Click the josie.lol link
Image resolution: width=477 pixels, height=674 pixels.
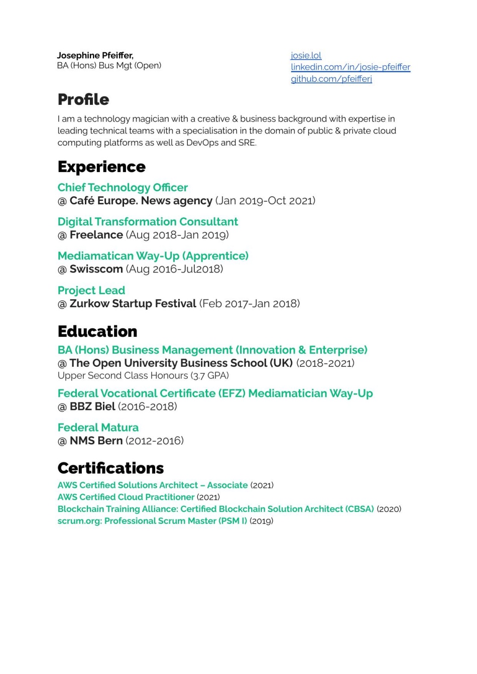coord(306,56)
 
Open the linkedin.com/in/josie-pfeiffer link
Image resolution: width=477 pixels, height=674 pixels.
coord(350,67)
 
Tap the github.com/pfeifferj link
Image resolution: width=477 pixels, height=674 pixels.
coord(331,79)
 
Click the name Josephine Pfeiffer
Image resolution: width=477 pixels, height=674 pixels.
coord(95,55)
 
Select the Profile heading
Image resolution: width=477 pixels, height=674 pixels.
coord(83,99)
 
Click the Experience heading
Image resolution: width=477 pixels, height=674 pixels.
coord(101,167)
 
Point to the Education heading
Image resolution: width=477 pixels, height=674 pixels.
coord(97,331)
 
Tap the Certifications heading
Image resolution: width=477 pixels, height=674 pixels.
coord(110,468)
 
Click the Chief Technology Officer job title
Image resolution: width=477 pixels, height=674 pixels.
coord(123,188)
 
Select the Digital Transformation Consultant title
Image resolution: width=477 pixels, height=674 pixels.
coord(148,222)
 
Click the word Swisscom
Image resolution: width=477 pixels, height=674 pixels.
coord(96,269)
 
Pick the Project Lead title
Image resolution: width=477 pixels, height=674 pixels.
coord(91,291)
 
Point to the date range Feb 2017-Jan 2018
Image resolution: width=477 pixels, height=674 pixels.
coord(250,304)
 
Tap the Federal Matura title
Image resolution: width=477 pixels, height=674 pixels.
coord(98,428)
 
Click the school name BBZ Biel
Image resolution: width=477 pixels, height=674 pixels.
coord(92,407)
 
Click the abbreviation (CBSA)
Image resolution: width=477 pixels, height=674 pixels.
coord(360,509)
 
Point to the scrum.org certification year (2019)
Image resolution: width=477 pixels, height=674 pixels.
coord(261,521)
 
